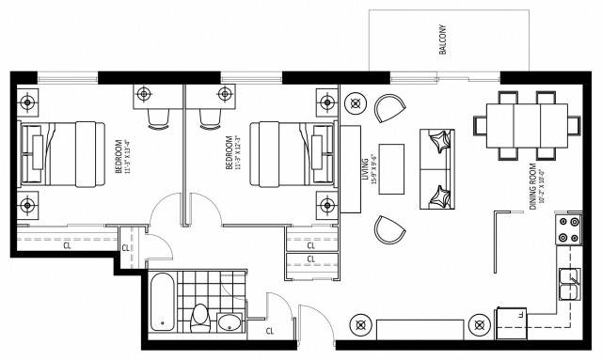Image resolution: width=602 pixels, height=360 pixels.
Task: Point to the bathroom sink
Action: click(229, 324)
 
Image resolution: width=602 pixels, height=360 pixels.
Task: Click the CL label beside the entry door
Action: click(270, 330)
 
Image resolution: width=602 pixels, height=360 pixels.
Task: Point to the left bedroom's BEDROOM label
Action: click(119, 157)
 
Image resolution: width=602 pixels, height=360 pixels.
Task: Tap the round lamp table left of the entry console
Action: click(359, 324)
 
